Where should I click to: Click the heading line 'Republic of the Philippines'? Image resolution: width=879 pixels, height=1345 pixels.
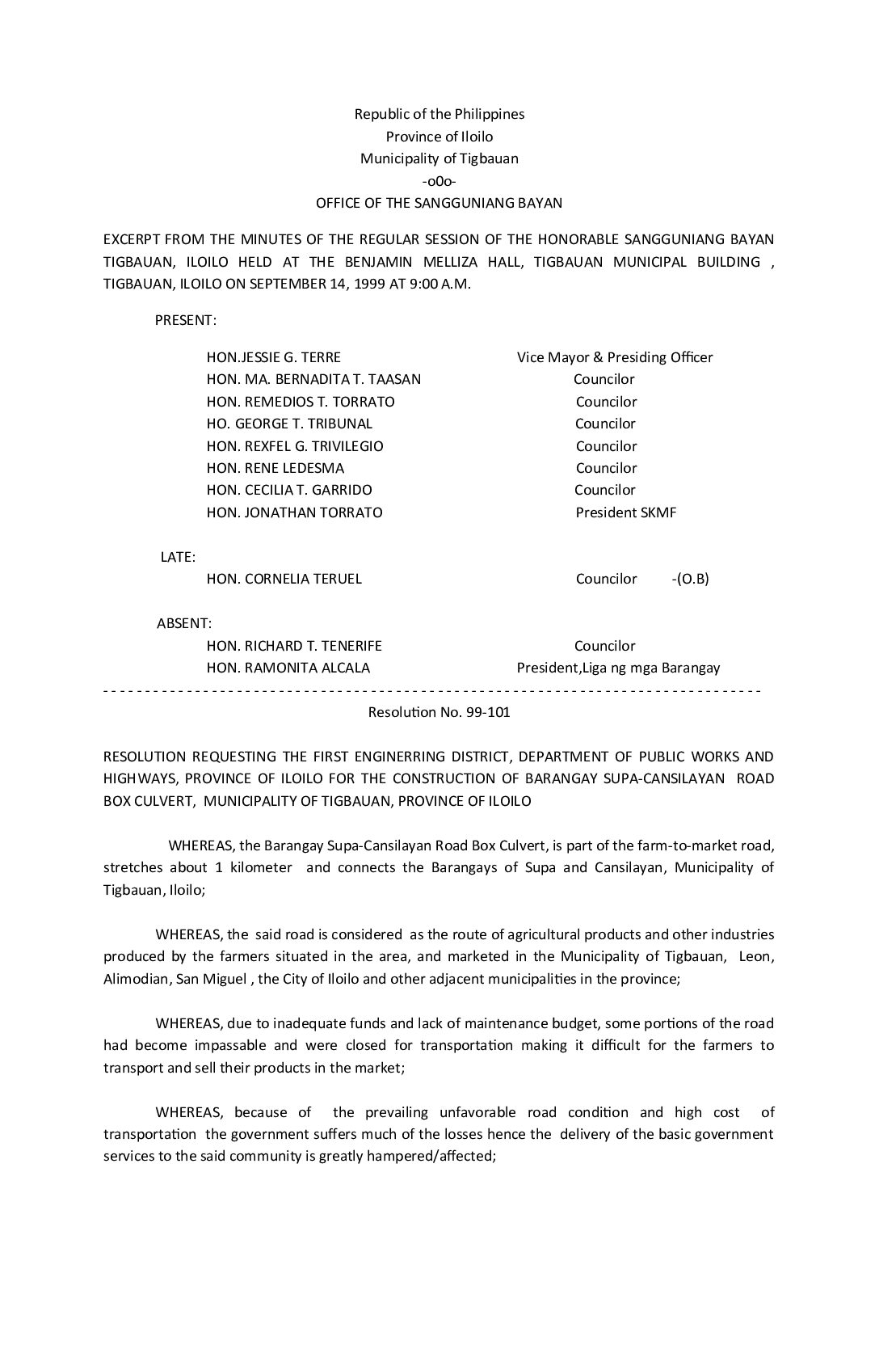(x=439, y=114)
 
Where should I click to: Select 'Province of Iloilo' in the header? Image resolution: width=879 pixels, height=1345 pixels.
(x=439, y=137)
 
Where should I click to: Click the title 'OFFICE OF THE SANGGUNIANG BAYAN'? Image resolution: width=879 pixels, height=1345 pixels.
(x=439, y=203)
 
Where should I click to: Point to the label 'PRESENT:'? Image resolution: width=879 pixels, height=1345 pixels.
(x=186, y=320)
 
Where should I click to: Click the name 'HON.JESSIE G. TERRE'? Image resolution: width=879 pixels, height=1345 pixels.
(x=274, y=357)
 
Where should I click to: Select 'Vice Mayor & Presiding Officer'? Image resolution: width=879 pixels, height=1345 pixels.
(x=615, y=357)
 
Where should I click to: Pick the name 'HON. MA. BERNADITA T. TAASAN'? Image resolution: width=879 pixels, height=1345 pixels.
(x=313, y=379)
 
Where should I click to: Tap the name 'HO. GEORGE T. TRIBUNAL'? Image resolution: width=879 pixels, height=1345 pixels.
(x=289, y=424)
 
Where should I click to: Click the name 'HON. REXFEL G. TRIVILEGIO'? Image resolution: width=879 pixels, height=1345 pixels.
(x=295, y=446)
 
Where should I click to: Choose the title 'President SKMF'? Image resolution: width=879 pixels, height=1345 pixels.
(x=626, y=512)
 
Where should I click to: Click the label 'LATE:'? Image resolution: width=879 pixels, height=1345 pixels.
(x=178, y=557)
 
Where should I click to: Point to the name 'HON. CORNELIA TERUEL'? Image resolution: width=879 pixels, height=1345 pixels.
(x=284, y=579)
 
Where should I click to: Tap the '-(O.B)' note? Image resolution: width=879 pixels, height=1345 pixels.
(x=690, y=579)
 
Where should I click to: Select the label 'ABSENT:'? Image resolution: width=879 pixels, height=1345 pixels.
(x=184, y=623)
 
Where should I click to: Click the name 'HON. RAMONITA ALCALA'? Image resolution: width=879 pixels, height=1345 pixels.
(x=288, y=668)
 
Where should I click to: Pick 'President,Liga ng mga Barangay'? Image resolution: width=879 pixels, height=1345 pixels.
(x=618, y=668)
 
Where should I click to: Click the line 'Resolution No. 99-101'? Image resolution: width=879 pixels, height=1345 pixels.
(x=439, y=712)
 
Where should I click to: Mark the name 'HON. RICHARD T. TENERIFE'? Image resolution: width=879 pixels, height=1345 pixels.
(x=294, y=646)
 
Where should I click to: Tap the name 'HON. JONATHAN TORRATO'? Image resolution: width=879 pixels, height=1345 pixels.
(x=295, y=512)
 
